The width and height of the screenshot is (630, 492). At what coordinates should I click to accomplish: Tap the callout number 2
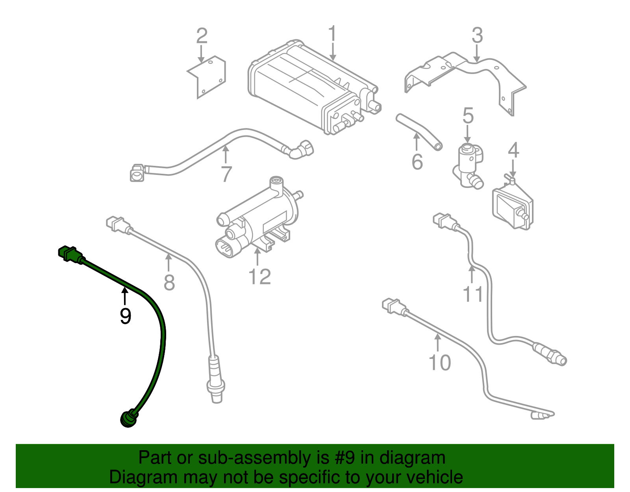click(202, 36)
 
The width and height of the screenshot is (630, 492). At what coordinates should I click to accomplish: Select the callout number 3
click(477, 35)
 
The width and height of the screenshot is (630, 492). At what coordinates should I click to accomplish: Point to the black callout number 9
click(125, 316)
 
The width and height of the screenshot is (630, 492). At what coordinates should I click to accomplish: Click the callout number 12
click(260, 277)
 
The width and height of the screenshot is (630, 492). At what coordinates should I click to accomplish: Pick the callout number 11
click(472, 294)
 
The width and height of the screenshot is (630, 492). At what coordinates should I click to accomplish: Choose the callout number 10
click(439, 362)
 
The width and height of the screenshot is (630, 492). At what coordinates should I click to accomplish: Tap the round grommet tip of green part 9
click(127, 418)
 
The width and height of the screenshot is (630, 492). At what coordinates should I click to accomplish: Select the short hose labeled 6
click(418, 132)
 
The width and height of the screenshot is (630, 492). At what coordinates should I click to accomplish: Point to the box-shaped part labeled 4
click(512, 207)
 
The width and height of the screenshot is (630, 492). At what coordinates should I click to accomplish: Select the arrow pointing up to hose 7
click(225, 154)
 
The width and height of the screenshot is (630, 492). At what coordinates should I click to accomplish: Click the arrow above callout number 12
click(258, 257)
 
